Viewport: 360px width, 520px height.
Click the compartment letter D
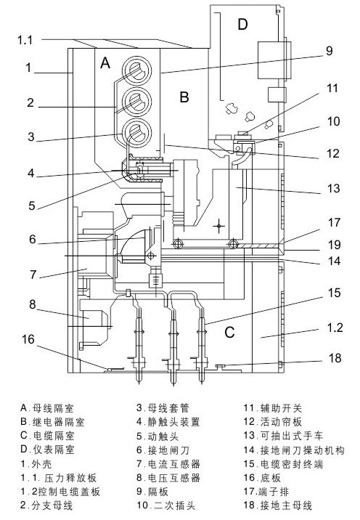[x=242, y=24]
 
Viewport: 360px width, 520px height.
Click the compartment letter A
[x=105, y=62]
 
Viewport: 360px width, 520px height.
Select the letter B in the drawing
[x=184, y=97]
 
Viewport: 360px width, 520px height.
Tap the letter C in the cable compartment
[x=229, y=332]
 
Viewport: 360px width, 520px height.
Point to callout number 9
[x=329, y=51]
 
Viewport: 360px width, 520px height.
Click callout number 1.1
[x=25, y=40]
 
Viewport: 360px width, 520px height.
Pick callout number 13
[x=333, y=188]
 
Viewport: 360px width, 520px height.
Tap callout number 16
[x=28, y=339]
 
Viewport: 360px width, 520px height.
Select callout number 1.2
[x=335, y=328]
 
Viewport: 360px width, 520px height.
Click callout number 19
[x=334, y=245]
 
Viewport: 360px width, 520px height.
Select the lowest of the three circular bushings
[x=137, y=132]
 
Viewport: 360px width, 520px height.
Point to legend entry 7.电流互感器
[x=168, y=464]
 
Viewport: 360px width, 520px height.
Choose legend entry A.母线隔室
[x=47, y=408]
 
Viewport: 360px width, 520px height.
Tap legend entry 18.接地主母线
[x=278, y=505]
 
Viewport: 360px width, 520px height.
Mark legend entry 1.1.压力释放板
[x=58, y=478]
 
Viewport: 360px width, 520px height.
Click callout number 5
[x=31, y=206]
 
